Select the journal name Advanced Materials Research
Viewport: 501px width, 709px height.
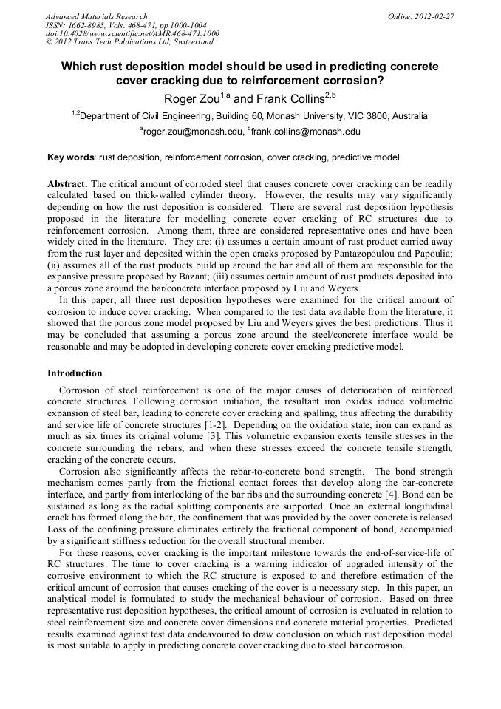[x=96, y=16]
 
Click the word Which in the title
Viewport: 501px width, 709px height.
[x=77, y=67]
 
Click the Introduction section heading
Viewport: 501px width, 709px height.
[x=75, y=373]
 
